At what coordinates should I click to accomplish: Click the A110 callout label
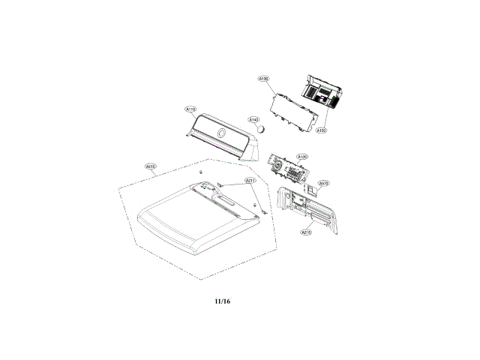click(190, 109)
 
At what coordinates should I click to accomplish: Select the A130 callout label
click(263, 78)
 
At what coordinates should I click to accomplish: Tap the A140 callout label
click(253, 119)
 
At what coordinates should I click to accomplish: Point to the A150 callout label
click(321, 130)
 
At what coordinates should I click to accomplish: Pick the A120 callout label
click(301, 157)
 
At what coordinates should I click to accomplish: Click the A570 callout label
click(324, 182)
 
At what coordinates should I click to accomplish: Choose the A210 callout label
click(151, 166)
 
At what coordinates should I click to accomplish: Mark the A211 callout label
click(250, 181)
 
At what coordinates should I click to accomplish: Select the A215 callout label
click(306, 232)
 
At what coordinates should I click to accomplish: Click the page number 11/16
click(222, 301)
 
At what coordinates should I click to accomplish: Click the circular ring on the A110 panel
click(220, 134)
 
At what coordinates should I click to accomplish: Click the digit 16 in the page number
click(226, 301)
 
